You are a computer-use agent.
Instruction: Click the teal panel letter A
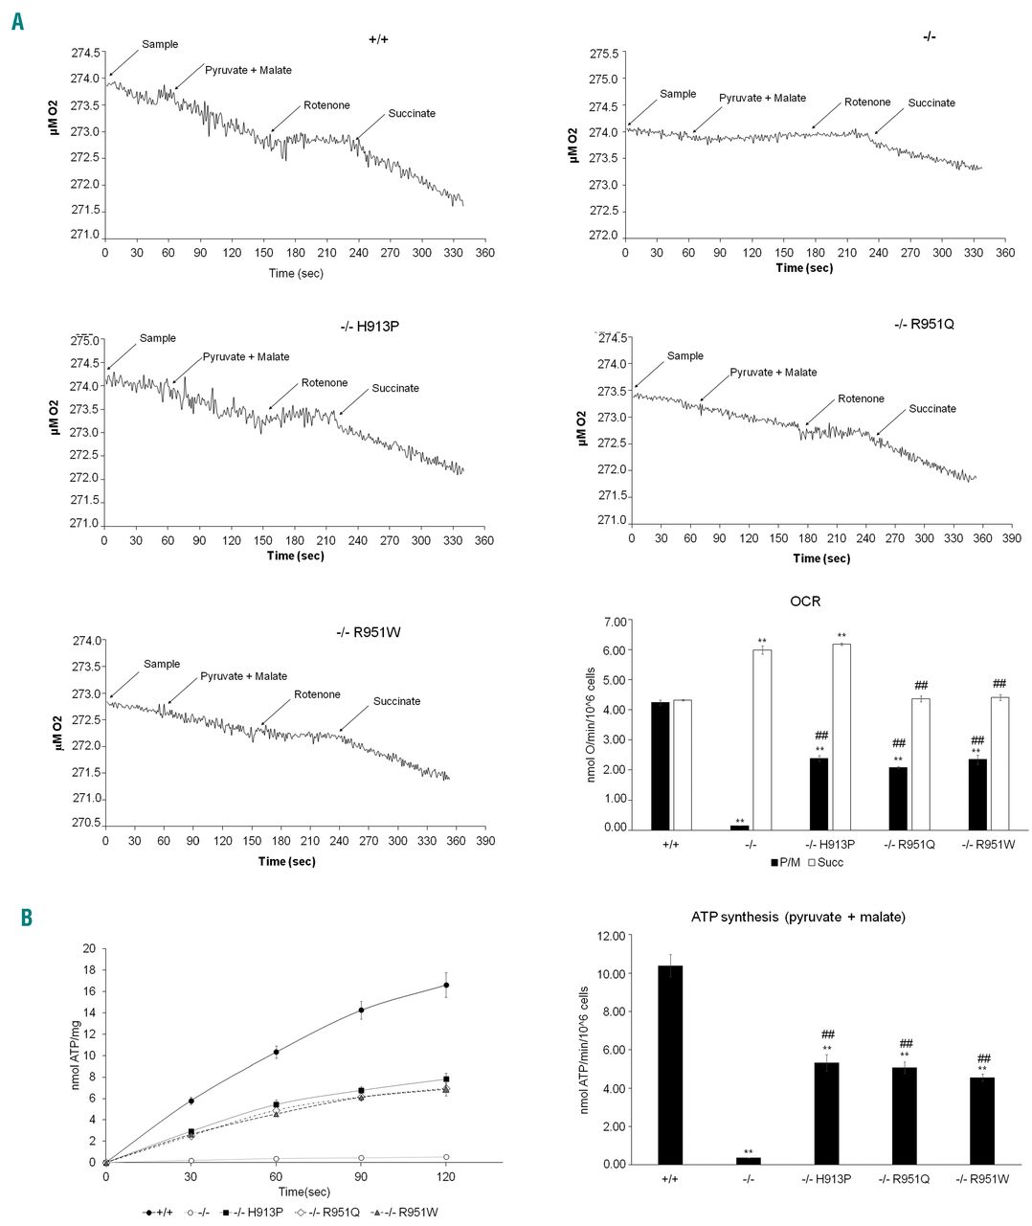[x=17, y=20]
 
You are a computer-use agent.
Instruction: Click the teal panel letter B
[x=26, y=918]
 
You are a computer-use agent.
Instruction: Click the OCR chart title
[x=807, y=602]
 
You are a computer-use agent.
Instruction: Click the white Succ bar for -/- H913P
[x=841, y=737]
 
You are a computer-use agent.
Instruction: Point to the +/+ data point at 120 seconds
[x=446, y=985]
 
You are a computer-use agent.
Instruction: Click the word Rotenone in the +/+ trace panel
[x=326, y=105]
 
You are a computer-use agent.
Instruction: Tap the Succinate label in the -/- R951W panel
[x=396, y=701]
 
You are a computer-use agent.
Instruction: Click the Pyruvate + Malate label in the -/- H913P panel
[x=246, y=356]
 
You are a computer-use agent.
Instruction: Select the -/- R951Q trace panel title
[x=922, y=324]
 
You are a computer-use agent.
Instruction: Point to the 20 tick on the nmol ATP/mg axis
[x=91, y=949]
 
